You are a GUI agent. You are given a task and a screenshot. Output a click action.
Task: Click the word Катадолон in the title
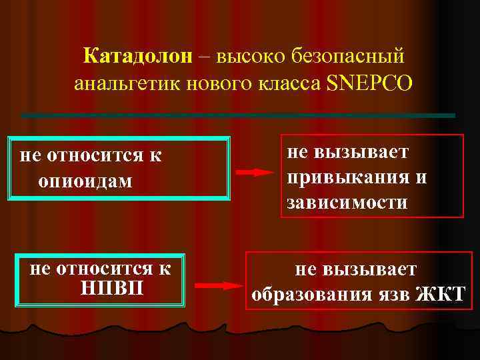point(138,57)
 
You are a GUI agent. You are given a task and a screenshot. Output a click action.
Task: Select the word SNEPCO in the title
point(370,85)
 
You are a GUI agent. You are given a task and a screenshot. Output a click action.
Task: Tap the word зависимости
point(347,202)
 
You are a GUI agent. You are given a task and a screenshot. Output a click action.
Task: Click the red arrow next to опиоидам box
point(255,172)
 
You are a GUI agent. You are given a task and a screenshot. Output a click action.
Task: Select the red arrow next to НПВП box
point(220,286)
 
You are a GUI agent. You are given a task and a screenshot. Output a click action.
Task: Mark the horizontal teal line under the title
point(238,115)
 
